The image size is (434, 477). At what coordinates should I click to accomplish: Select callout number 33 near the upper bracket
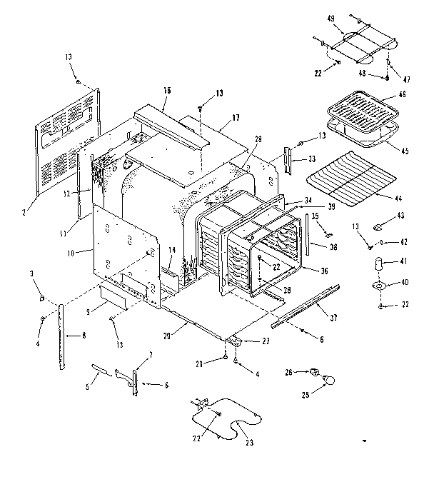[x=312, y=159]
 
